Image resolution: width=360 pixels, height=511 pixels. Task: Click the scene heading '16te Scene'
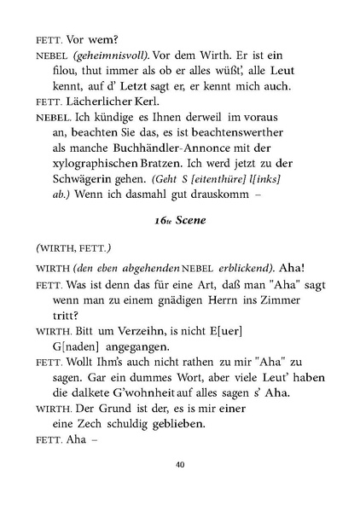coord(178,218)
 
